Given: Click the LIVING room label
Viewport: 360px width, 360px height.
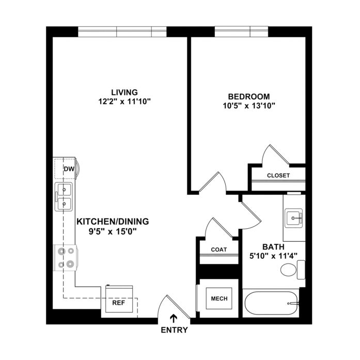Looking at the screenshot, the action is (124, 92).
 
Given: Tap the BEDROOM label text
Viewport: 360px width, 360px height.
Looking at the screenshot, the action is (249, 97).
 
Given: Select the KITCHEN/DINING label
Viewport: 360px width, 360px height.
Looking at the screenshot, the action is (113, 222).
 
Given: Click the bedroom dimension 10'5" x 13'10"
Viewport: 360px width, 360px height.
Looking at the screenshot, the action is (249, 106).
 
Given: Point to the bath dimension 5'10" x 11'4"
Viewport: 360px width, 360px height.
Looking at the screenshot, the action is (273, 256).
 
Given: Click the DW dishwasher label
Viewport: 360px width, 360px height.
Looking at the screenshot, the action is (69, 169).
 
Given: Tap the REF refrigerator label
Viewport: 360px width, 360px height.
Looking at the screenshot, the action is (119, 303).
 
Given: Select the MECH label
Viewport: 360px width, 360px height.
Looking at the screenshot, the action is (220, 299).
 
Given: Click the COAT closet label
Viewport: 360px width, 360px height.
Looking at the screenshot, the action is (219, 249).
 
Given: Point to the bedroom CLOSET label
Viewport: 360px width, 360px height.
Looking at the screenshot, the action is (278, 176).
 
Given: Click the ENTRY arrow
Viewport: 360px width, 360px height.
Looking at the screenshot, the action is (174, 319).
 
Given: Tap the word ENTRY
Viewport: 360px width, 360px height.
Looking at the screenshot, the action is (174, 330).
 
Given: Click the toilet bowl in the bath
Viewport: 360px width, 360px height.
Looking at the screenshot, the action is (289, 270).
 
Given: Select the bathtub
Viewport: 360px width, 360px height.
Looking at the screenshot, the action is (271, 304).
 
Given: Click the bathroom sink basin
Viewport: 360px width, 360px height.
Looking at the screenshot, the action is (293, 218).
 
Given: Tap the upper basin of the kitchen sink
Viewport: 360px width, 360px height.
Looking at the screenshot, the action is (64, 190).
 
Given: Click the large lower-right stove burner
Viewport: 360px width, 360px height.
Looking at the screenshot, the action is (70, 264).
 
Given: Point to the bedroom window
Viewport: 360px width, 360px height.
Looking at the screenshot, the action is (241, 32).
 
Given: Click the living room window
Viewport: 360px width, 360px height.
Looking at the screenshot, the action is (122, 32).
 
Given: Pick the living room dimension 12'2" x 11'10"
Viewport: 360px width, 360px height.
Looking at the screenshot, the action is (124, 101).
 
